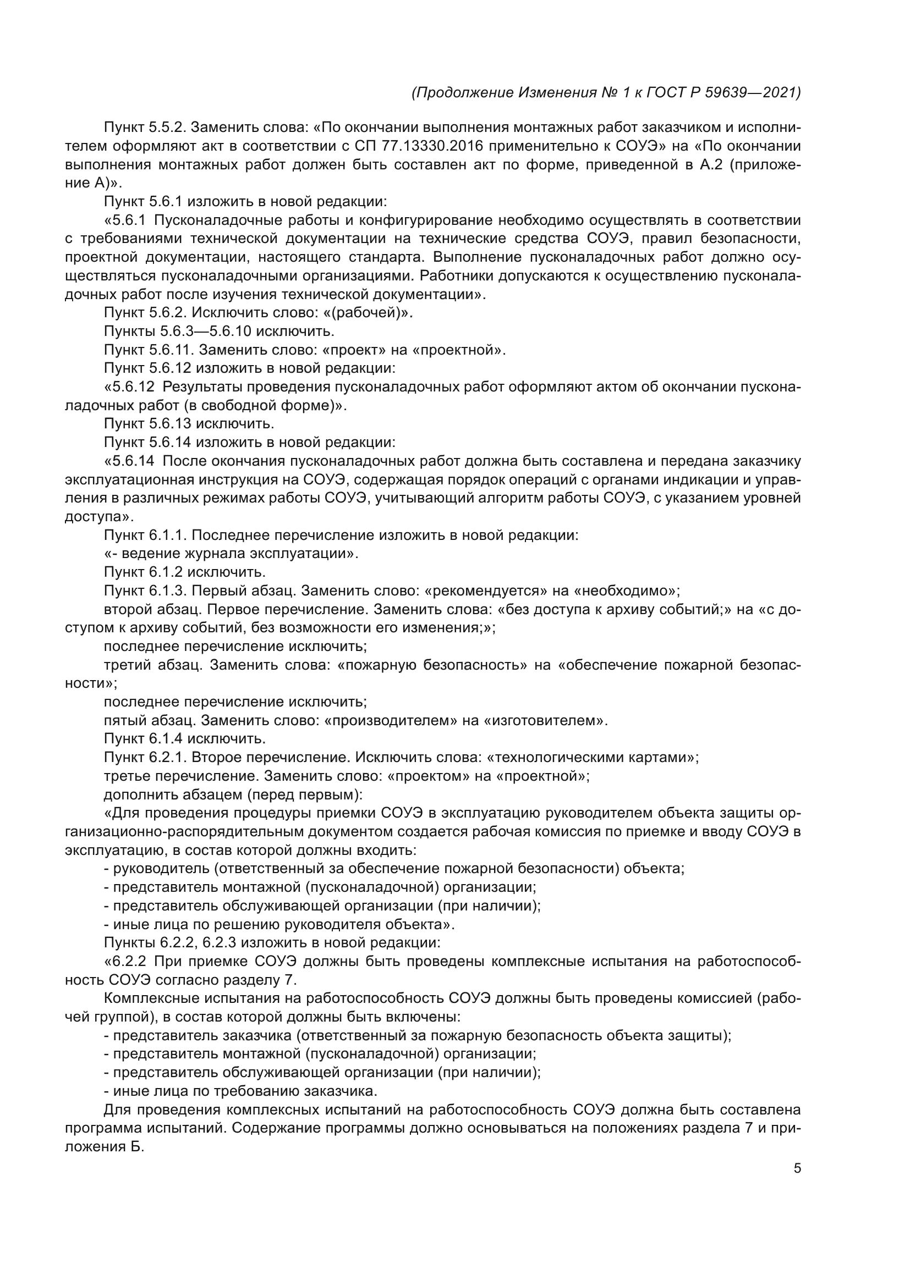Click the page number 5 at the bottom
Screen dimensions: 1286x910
797,1168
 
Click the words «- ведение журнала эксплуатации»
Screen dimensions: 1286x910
231,554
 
